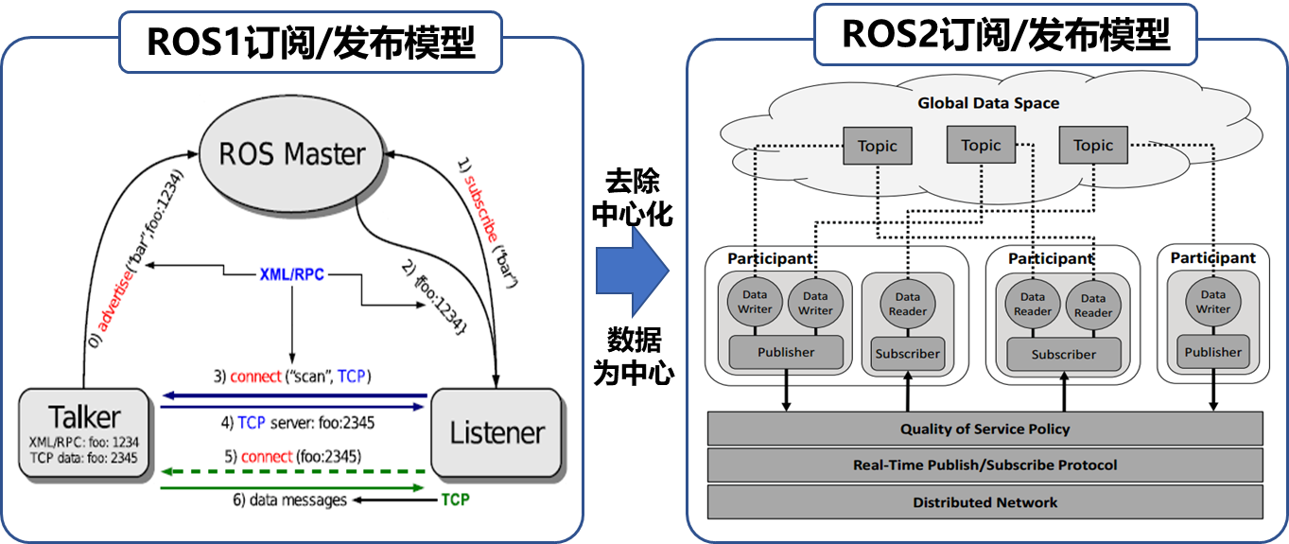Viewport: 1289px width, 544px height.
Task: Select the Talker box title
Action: (x=85, y=417)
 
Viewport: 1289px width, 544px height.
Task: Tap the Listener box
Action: (x=497, y=433)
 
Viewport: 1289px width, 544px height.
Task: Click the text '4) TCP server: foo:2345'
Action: (x=297, y=423)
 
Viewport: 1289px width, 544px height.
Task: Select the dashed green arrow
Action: (x=293, y=470)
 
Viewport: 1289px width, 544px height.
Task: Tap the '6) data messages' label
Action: (x=289, y=500)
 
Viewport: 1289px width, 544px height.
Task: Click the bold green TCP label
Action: (x=455, y=500)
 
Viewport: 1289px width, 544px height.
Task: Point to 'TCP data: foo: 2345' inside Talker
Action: (x=84, y=458)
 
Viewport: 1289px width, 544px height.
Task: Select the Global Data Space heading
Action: (x=988, y=103)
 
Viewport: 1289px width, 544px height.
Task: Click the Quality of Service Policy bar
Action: (x=984, y=429)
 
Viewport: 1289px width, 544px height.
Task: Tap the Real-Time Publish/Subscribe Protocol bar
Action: (x=984, y=465)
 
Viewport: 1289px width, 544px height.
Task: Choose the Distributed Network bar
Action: (x=984, y=502)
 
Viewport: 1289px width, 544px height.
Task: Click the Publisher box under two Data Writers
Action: (x=786, y=352)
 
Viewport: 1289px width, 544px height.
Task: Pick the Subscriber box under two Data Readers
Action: (x=1063, y=355)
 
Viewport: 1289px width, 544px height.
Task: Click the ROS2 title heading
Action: (x=1005, y=36)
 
